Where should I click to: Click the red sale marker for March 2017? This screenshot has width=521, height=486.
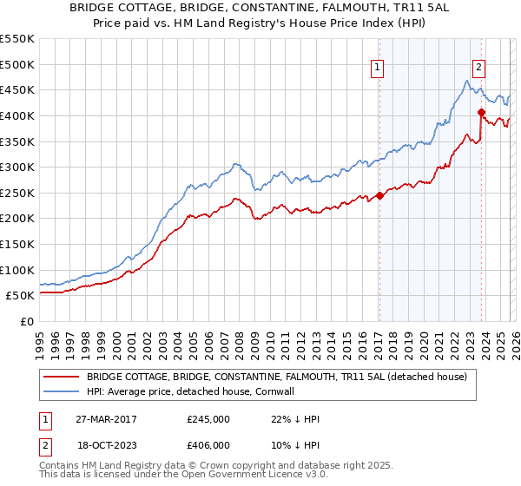379,195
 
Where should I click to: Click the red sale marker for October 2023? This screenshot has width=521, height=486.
480,112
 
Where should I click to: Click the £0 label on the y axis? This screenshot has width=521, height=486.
28,321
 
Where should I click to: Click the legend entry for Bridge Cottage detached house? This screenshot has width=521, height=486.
277,377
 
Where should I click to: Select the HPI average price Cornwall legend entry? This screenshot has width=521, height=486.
202,392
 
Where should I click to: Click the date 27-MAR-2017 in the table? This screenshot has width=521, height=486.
105,419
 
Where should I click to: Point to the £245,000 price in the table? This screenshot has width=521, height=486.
208,419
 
